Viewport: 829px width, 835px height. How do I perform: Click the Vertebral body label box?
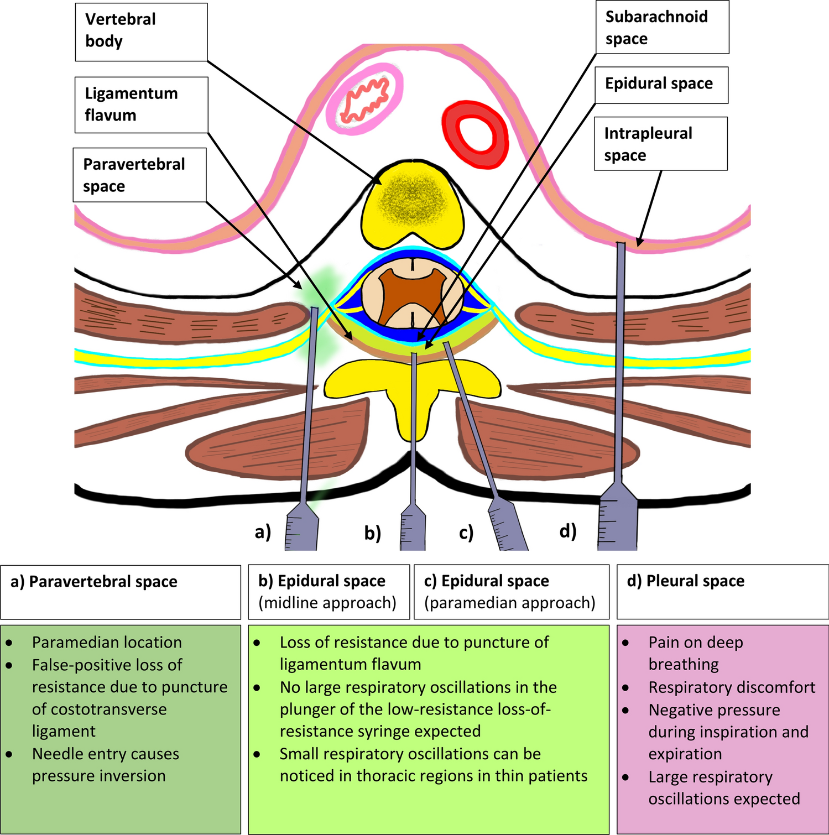pos(141,32)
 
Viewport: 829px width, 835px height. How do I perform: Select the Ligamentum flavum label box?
pos(141,105)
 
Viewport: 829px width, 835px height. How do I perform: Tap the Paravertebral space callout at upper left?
pos(139,175)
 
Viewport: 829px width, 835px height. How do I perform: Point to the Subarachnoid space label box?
pos(662,28)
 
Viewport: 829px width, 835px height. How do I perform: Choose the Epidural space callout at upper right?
pos(661,85)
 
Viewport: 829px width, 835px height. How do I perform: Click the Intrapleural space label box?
pos(660,144)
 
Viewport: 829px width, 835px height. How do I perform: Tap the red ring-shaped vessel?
pos(475,134)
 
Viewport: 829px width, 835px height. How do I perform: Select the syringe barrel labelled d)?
pos(618,523)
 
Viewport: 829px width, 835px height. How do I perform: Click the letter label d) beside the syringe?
pos(568,531)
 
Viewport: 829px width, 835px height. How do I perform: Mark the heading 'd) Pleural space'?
pos(686,581)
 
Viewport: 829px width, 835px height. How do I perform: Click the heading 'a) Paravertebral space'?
pos(94,582)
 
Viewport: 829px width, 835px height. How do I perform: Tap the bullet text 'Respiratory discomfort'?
pos(732,687)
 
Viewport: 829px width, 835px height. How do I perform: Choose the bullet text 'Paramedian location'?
pos(107,643)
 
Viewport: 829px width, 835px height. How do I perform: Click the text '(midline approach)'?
pos(327,603)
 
